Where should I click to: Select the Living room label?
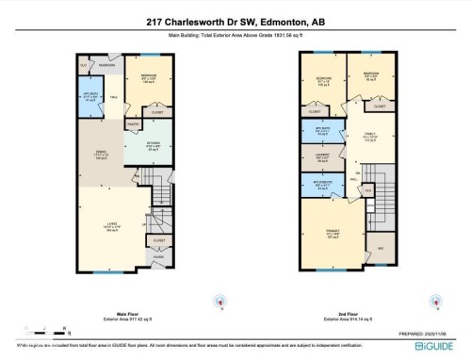coord(112,226)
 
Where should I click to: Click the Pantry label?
coord(133,126)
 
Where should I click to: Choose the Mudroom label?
coord(106,66)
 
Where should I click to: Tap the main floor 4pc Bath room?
coord(89,97)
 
